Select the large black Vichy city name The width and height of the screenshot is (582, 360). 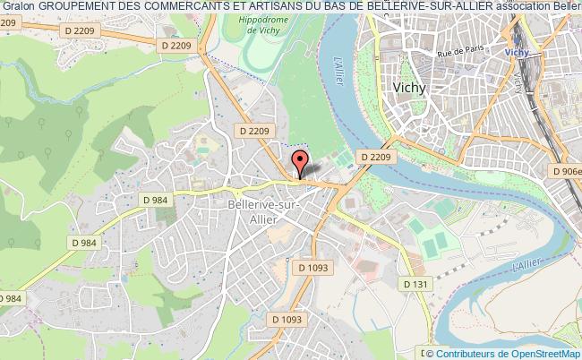point(411,88)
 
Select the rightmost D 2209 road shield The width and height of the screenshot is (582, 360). point(376,157)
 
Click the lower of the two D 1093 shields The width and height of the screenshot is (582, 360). point(286,320)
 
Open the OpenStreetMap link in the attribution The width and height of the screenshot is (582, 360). point(542,353)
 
